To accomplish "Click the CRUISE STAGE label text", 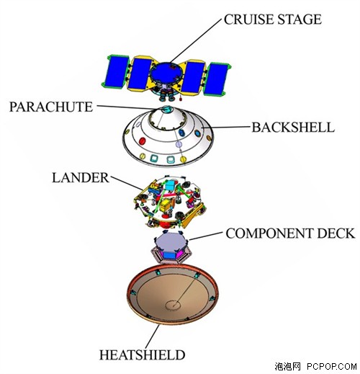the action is click(x=273, y=19).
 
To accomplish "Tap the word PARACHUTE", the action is click(x=51, y=107).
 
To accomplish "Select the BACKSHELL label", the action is click(x=293, y=128).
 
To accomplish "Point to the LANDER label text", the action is click(x=81, y=178).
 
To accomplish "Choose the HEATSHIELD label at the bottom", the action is click(x=142, y=355).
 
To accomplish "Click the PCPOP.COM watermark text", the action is click(x=332, y=367).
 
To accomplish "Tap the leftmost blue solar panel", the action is click(x=115, y=71).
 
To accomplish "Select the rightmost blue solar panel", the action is click(x=215, y=78).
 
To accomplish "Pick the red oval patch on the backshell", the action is click(x=143, y=141).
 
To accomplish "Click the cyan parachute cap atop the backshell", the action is click(x=167, y=110).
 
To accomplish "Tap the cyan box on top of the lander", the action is click(x=171, y=185).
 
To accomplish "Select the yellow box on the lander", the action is click(x=165, y=205).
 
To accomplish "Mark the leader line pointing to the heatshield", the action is click(x=152, y=337).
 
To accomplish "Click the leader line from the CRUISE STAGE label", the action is click(x=196, y=41).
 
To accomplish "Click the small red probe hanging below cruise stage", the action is click(x=181, y=98).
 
